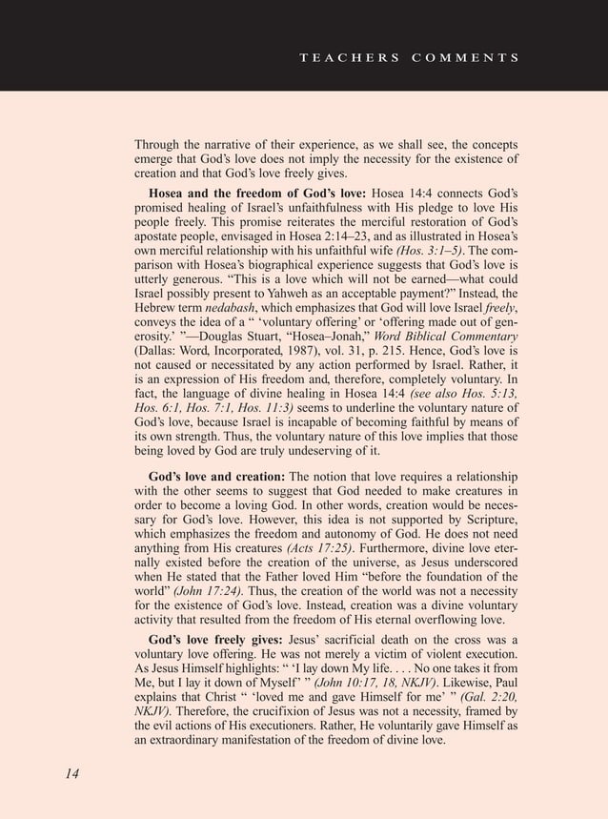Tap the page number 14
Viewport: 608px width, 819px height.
pyautogui.click(x=72, y=772)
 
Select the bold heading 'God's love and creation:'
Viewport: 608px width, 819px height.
pyautogui.click(x=216, y=477)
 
